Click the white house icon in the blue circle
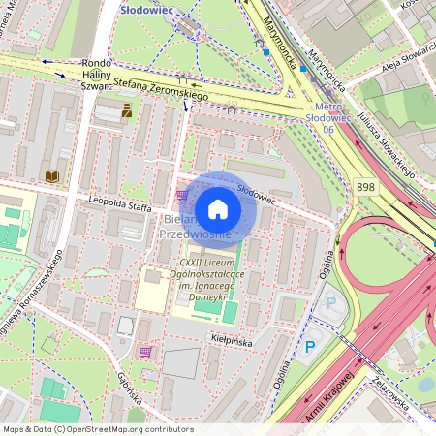tap(218, 209)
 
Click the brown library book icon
tap(52, 175)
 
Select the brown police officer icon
tap(127, 112)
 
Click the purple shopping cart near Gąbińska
tap(145, 352)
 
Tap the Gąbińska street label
tap(126, 388)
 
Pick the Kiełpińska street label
tap(232, 340)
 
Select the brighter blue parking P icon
tap(311, 346)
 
